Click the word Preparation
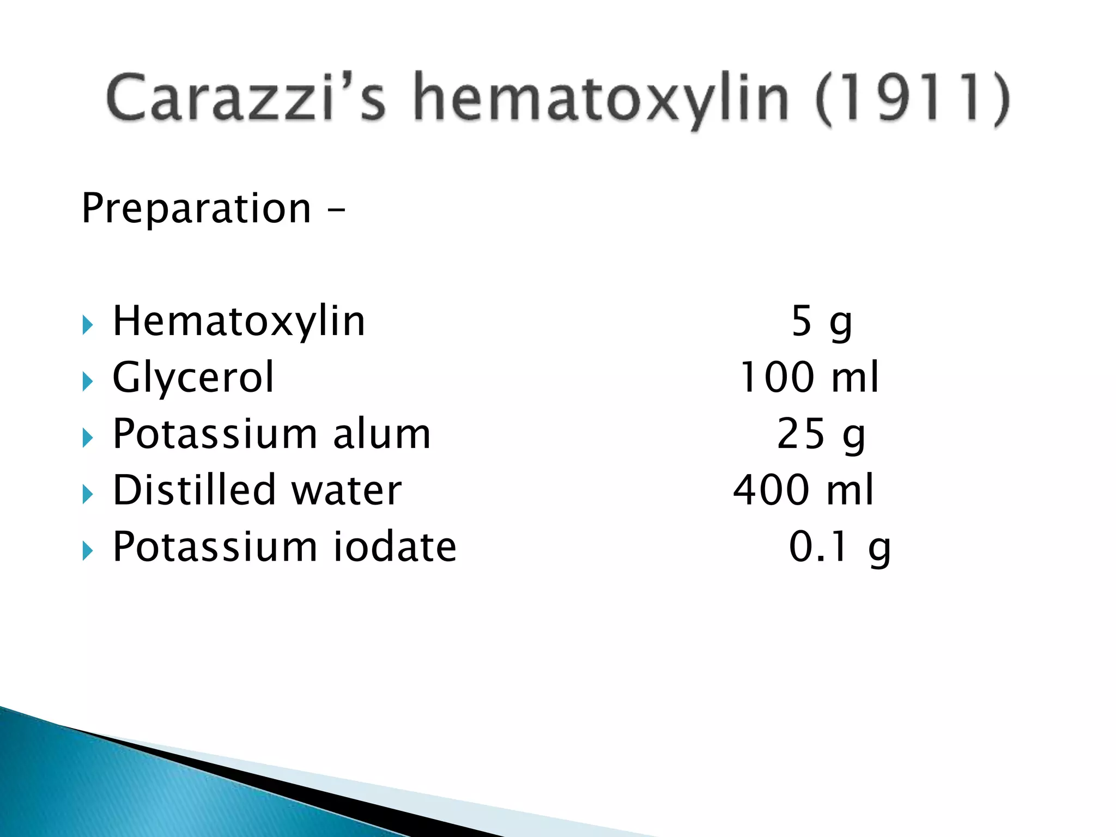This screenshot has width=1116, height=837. click(x=196, y=209)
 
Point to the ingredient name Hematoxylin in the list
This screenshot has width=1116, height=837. click(x=239, y=322)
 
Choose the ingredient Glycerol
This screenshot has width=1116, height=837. click(x=193, y=378)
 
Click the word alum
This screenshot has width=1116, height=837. click(x=381, y=434)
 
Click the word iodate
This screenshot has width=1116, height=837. click(x=395, y=547)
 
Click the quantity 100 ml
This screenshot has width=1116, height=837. click(x=809, y=378)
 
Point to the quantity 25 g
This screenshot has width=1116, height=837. click(x=821, y=435)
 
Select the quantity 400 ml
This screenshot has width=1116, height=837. click(x=803, y=490)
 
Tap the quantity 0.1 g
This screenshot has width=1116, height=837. click(x=839, y=547)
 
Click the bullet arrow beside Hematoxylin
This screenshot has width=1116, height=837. click(x=88, y=325)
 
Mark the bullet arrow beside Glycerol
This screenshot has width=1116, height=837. click(x=88, y=381)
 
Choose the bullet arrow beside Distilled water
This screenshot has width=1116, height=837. click(x=88, y=494)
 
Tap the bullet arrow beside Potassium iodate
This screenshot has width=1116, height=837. click(x=88, y=551)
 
